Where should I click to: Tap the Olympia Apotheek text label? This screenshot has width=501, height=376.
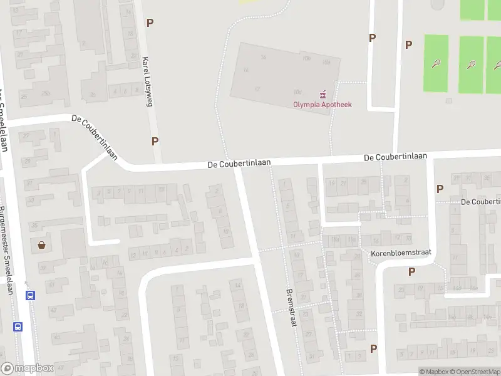point(323,105)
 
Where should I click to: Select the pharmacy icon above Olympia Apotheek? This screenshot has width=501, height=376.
point(323,95)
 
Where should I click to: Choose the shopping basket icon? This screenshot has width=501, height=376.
point(42,245)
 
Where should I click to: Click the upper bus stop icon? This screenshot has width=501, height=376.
point(30,295)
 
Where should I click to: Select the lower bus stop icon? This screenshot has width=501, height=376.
point(18,326)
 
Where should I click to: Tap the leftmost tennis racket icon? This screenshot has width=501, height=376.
point(436,63)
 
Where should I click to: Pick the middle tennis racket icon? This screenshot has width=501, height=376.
point(470,64)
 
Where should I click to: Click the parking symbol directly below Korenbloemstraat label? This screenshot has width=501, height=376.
point(411,271)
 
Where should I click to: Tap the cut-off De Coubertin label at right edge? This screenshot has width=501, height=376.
point(480,202)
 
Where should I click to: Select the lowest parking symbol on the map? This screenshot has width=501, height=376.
point(374,348)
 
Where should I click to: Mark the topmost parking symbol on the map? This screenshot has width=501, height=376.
point(150,23)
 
